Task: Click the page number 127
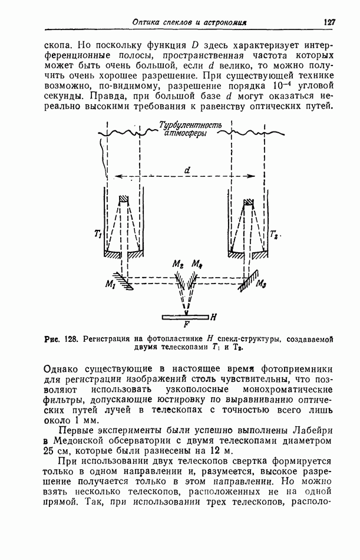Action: tap(329, 22)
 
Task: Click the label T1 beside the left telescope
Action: tap(98, 235)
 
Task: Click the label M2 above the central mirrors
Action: tap(176, 265)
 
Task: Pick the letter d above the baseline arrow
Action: tap(187, 170)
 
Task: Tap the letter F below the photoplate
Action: tap(186, 324)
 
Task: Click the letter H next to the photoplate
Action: tap(214, 317)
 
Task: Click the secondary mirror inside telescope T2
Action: tap(250, 203)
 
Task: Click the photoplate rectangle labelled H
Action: tap(186, 317)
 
